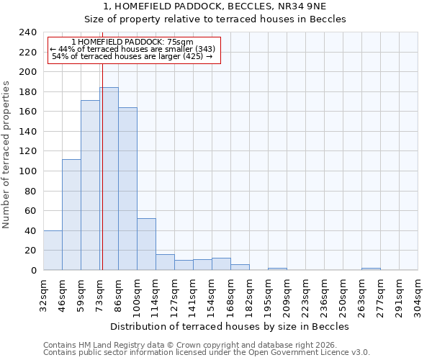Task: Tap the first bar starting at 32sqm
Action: [x=53, y=251]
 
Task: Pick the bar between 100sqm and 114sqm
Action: [x=146, y=244]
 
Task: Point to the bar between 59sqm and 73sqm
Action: [x=90, y=185]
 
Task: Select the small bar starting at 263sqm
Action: [x=371, y=269]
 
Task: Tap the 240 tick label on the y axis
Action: [x=28, y=32]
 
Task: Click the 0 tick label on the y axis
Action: [x=34, y=270]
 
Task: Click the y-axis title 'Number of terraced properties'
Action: [x=6, y=155]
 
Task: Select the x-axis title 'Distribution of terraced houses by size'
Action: [x=230, y=326]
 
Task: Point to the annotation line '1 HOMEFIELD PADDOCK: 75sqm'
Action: [x=133, y=42]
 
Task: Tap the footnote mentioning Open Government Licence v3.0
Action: [x=207, y=353]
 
